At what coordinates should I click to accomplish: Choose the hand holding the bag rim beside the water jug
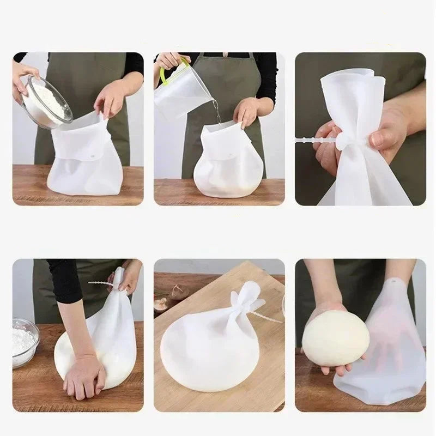(246, 112)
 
